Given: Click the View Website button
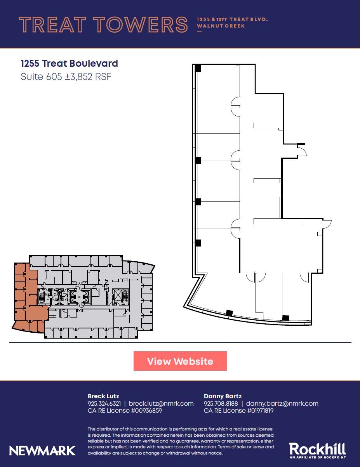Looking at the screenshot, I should click(x=180, y=361).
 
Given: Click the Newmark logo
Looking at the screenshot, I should click(x=42, y=451).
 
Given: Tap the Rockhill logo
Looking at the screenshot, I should click(x=317, y=450).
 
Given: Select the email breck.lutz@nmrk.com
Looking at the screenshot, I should click(x=161, y=403).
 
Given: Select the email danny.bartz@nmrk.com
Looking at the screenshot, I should click(x=282, y=403).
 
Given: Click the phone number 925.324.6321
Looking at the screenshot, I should click(x=104, y=403).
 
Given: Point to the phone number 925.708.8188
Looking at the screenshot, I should click(x=221, y=403).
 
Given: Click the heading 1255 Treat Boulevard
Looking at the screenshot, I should click(x=69, y=63).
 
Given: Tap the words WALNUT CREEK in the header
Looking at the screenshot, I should click(x=221, y=26).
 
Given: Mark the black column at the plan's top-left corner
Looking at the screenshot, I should click(x=198, y=68).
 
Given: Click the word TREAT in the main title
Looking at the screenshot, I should click(x=52, y=24).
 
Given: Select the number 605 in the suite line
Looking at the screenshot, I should click(x=54, y=76).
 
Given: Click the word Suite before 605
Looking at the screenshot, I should click(x=32, y=76).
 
